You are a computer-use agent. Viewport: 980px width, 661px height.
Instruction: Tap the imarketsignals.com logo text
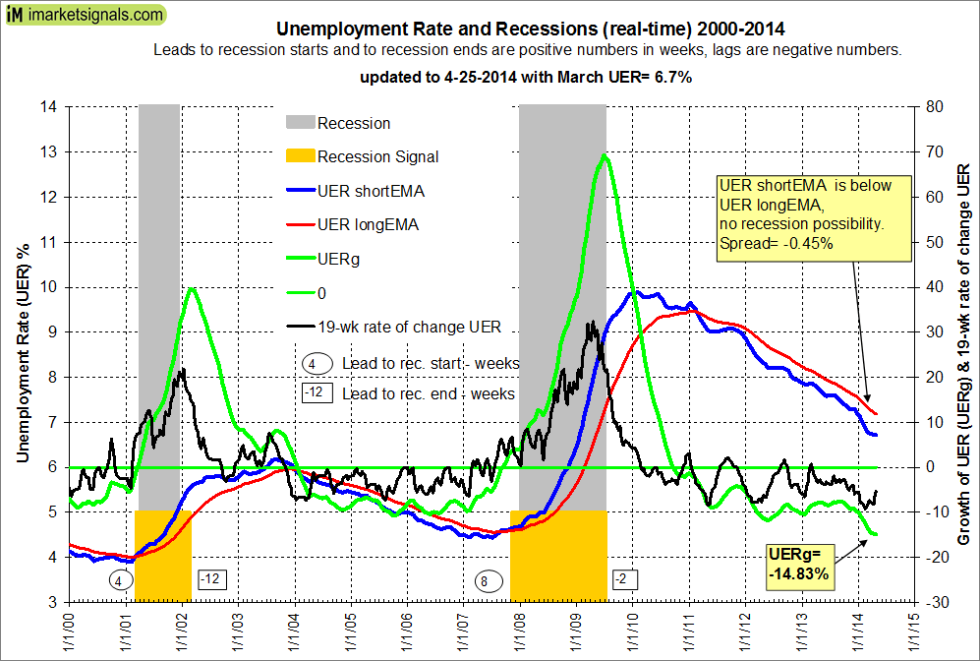pyautogui.click(x=95, y=15)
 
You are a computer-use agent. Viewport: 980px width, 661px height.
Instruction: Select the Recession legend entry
pyautogui.click(x=354, y=123)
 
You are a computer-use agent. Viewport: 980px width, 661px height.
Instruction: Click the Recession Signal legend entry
pyautogui.click(x=377, y=156)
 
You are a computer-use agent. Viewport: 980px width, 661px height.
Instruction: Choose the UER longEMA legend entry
pyautogui.click(x=367, y=224)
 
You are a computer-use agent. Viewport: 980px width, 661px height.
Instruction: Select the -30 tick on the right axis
pyautogui.click(x=919, y=602)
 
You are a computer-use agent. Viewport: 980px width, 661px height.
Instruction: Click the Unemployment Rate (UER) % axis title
pyautogui.click(x=22, y=354)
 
